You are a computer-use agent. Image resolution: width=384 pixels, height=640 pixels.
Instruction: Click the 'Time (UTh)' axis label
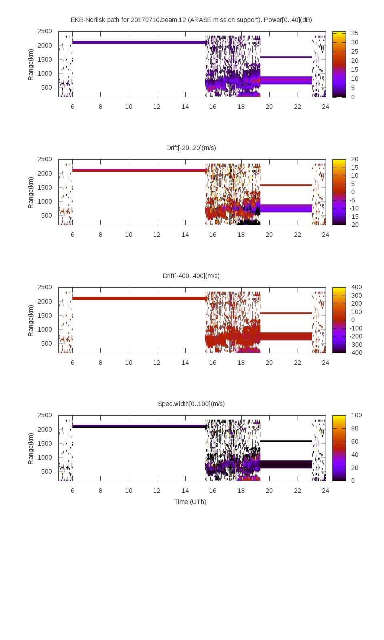click(x=190, y=502)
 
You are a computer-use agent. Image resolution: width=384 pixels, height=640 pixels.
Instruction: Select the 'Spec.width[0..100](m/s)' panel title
click(x=191, y=404)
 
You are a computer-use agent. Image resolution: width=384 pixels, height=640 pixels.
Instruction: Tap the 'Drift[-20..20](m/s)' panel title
click(x=191, y=148)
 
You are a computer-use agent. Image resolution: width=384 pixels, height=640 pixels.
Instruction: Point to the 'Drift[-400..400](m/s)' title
click(x=191, y=276)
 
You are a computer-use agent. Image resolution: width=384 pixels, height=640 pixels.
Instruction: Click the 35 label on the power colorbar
click(x=355, y=33)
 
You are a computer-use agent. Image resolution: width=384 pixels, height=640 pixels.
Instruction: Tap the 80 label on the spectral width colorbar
click(x=355, y=428)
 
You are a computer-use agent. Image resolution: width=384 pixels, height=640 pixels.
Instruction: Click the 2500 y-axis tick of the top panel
click(x=45, y=31)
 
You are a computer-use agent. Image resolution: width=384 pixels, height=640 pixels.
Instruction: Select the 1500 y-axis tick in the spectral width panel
click(x=45, y=443)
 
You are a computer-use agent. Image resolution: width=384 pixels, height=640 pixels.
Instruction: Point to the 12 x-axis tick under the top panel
click(x=157, y=107)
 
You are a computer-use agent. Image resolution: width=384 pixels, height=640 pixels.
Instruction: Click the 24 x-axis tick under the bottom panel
click(x=326, y=491)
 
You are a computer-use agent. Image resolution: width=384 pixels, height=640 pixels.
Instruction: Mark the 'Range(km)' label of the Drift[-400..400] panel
click(x=31, y=320)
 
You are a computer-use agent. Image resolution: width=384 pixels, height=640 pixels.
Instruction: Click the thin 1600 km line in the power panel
click(x=286, y=57)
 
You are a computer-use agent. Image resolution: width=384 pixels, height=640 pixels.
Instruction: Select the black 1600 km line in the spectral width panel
click(x=286, y=441)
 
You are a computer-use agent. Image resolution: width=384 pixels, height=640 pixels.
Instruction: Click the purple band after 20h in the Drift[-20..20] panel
click(x=286, y=208)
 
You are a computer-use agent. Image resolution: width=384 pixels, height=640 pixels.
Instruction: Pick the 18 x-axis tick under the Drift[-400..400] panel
click(x=241, y=363)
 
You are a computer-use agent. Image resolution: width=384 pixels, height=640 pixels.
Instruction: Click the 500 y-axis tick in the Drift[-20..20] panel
click(x=46, y=216)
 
